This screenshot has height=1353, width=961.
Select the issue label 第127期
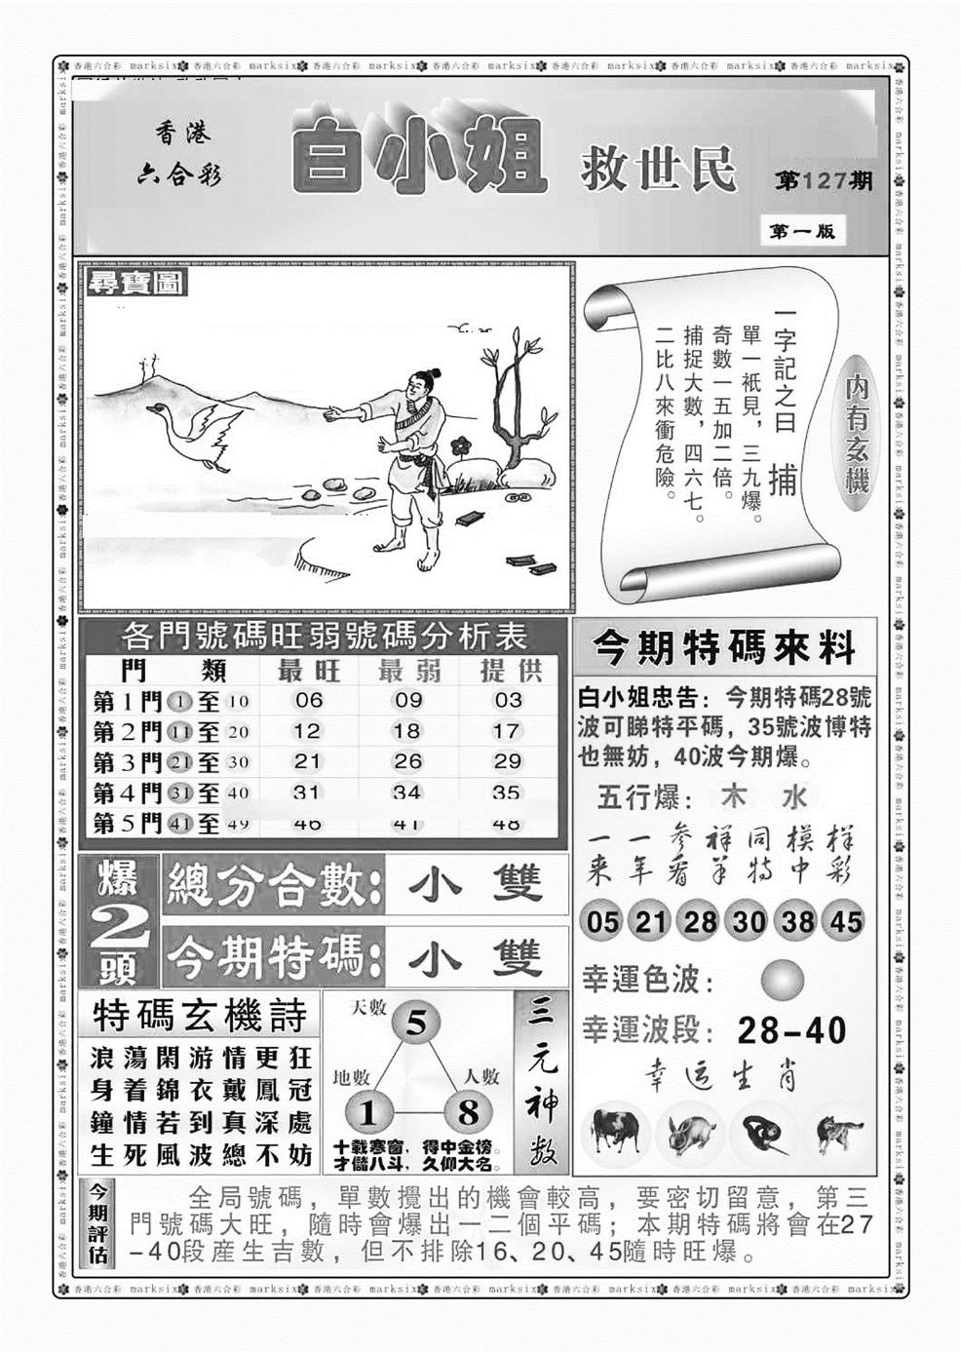[x=824, y=181]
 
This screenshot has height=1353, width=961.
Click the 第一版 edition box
[x=801, y=232]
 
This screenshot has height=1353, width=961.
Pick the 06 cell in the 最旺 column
[x=308, y=700]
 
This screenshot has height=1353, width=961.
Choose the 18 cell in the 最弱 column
[x=407, y=731]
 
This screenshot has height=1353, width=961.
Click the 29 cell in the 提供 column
[x=507, y=761]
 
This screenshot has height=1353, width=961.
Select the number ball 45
[x=845, y=921]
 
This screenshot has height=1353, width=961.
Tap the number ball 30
[x=749, y=921]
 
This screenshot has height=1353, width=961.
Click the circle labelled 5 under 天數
[x=416, y=1024]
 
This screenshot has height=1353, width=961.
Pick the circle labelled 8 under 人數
[x=467, y=1112]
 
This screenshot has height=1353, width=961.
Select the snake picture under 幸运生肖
[x=762, y=1134]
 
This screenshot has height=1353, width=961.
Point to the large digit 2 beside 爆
[x=119, y=931]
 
